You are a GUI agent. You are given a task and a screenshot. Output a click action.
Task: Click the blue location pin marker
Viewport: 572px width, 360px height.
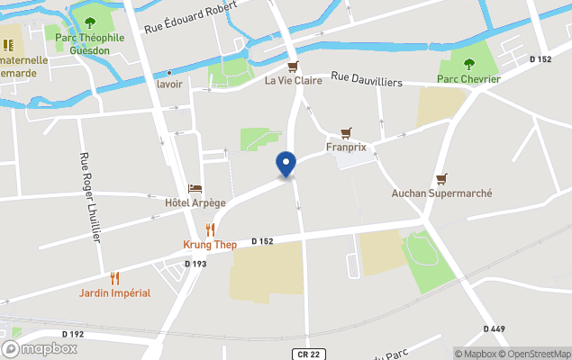(286, 164)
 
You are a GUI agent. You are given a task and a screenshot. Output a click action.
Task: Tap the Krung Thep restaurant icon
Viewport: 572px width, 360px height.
(210, 229)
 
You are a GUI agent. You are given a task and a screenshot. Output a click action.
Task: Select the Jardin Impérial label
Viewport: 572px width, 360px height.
(114, 292)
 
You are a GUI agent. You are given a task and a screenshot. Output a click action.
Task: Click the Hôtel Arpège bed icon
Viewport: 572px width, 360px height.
(195, 188)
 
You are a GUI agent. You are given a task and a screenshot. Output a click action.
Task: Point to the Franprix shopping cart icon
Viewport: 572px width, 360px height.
(345, 131)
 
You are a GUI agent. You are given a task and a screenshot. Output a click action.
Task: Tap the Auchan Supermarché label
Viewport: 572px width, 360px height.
(440, 193)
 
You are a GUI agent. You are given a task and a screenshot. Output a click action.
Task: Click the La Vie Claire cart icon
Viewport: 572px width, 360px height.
(293, 67)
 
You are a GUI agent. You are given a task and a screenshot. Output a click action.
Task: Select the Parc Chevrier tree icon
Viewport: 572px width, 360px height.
(468, 64)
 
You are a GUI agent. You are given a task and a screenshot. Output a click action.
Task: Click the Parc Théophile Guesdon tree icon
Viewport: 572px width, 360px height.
(88, 22)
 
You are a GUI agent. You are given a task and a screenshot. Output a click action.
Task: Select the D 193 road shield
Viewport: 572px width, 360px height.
(195, 264)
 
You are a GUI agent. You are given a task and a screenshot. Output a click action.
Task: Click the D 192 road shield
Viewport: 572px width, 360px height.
(73, 334)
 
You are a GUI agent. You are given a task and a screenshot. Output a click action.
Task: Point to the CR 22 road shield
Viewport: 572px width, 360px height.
(307, 355)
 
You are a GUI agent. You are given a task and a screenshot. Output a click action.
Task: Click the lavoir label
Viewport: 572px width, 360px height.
(169, 84)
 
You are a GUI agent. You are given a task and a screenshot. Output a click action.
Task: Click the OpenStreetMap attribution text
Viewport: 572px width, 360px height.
(540, 354)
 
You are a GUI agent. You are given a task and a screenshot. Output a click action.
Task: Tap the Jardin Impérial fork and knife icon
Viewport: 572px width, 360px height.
(114, 278)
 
